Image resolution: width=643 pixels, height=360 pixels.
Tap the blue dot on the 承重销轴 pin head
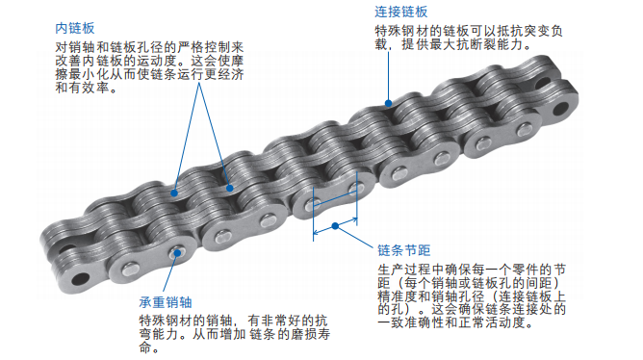click(x=177, y=253)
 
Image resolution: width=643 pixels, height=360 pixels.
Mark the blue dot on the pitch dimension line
click(x=333, y=226)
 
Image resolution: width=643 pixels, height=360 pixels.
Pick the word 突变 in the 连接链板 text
click(x=546, y=30)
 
